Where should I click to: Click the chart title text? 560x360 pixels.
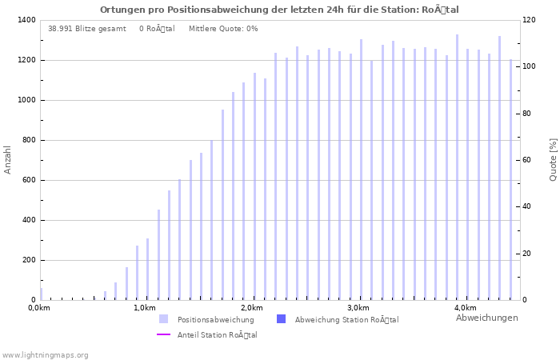click(x=279, y=10)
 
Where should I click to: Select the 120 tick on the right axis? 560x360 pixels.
click(x=529, y=20)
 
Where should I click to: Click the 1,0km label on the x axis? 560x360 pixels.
click(x=144, y=308)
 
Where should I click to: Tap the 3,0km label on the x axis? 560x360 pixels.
click(x=358, y=308)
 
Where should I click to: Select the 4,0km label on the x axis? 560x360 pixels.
click(x=465, y=308)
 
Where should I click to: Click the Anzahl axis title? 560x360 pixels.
click(x=8, y=159)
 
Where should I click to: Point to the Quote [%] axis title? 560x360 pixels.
click(x=553, y=159)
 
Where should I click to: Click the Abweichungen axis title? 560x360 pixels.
click(x=486, y=318)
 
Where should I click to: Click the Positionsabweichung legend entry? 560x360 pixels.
click(x=215, y=319)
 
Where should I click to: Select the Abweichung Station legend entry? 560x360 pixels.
click(x=346, y=319)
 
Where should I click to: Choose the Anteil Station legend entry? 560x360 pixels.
click(x=217, y=335)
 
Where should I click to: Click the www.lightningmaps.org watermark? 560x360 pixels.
click(x=45, y=355)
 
